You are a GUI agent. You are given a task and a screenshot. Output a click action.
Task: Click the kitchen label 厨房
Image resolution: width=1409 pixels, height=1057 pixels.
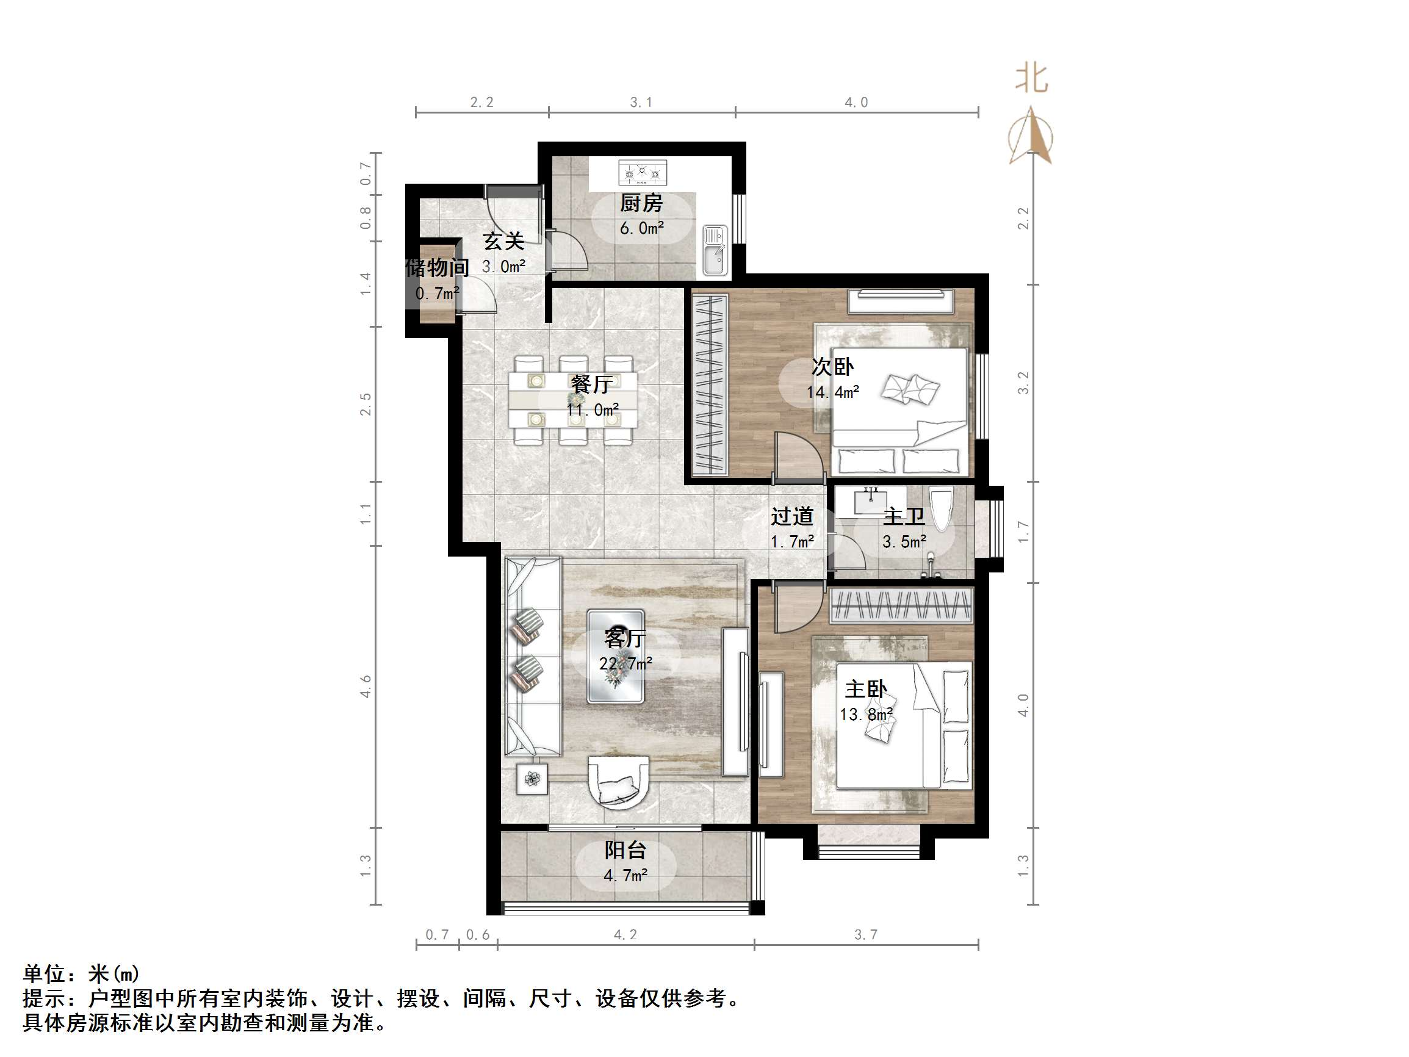click(x=641, y=203)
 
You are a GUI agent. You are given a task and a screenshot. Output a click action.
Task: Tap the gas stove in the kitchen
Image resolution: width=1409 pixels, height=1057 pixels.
click(x=642, y=171)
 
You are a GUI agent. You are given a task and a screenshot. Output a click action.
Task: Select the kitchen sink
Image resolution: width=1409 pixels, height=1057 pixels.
click(x=715, y=250)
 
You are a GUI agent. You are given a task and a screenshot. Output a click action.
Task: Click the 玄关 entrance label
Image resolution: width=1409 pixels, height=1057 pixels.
click(x=503, y=242)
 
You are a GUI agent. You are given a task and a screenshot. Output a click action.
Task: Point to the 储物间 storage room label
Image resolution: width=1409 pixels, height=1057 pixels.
click(x=437, y=267)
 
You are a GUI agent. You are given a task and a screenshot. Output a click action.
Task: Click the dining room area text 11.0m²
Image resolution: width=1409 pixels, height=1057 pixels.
click(x=593, y=409)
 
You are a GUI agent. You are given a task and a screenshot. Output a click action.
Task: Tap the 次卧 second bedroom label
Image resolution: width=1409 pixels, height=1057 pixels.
click(x=832, y=367)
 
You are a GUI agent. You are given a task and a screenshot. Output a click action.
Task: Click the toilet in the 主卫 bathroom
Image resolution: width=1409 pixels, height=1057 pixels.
click(x=940, y=508)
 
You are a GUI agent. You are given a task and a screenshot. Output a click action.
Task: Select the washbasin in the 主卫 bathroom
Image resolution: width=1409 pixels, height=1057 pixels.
click(x=870, y=501)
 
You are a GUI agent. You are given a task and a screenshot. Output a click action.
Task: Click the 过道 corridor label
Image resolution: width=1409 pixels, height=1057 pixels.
click(x=792, y=516)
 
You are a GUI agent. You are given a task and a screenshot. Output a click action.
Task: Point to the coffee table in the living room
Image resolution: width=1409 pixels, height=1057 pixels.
click(x=615, y=656)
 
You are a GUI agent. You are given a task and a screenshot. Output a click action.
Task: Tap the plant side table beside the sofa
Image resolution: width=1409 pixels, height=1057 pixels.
click(x=532, y=779)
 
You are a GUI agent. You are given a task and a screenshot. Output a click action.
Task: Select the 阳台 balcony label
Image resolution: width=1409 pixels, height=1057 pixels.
click(x=625, y=850)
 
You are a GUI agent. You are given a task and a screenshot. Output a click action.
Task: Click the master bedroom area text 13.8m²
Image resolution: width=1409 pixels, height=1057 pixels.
click(x=866, y=715)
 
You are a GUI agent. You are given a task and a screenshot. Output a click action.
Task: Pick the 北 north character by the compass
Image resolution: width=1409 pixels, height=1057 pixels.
click(x=1031, y=78)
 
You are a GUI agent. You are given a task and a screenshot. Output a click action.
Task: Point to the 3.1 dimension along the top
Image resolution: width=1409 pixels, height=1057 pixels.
click(x=641, y=102)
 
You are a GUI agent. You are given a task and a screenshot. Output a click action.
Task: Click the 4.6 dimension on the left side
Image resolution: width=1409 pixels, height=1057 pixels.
click(x=365, y=686)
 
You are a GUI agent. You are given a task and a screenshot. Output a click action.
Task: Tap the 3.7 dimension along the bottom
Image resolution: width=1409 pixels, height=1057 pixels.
click(x=866, y=934)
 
